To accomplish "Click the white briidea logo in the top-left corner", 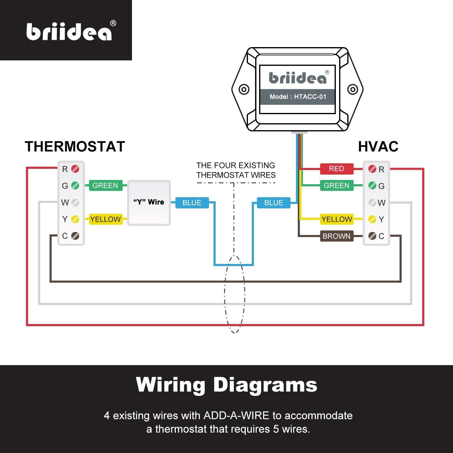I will (69, 31).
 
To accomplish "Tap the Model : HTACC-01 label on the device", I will (298, 97).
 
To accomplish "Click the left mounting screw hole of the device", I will (244, 90).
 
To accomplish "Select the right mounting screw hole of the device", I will (352, 89).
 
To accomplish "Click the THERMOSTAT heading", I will (75, 147).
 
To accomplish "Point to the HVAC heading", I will (378, 147).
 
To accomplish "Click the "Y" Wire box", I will (149, 203).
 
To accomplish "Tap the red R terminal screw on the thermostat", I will (75, 169).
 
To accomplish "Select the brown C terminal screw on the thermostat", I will (75, 236).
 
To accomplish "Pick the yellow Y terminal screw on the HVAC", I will (372, 219).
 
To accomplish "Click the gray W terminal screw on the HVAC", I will (372, 203).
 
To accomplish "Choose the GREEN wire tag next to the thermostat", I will (105, 185).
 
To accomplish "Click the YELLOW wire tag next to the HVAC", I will (337, 219).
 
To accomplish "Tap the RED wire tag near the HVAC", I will (336, 169).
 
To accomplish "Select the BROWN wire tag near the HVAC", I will (336, 236).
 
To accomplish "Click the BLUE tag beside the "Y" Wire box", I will (192, 203).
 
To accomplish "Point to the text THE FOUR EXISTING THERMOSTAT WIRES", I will (236, 170).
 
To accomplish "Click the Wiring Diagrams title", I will (226, 385).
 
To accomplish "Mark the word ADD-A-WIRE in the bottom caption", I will (236, 416).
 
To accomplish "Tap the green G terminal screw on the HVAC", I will (372, 186).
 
